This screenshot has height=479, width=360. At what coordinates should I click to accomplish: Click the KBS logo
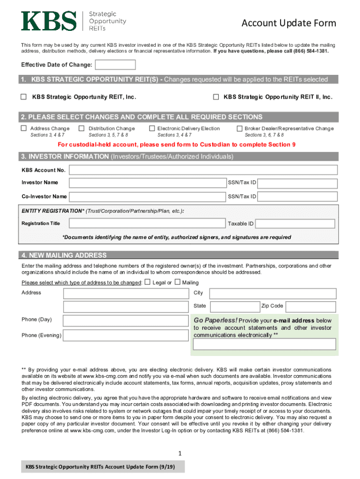[49, 21]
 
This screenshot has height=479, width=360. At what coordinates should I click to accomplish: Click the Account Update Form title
[288, 23]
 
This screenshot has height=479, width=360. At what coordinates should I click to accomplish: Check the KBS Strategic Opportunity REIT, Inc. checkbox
[23, 97]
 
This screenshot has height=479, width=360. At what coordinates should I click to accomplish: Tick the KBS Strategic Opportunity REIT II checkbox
[216, 97]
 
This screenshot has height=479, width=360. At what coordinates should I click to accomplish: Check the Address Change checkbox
[23, 128]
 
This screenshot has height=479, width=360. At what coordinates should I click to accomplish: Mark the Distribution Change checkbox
[81, 128]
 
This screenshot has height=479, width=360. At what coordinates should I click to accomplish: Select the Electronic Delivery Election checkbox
[152, 128]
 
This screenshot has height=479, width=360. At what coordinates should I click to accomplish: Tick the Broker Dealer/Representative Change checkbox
[239, 128]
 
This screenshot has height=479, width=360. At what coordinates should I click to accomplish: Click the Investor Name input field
[147, 183]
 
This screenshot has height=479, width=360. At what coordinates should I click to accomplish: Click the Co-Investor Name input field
[147, 196]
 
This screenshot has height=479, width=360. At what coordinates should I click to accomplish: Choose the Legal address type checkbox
[147, 282]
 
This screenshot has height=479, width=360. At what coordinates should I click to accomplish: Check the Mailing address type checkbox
[177, 282]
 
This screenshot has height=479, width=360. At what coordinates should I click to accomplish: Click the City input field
[273, 293]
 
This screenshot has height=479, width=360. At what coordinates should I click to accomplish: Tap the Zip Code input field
[310, 306]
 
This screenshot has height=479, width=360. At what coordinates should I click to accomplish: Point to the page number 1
[180, 453]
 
